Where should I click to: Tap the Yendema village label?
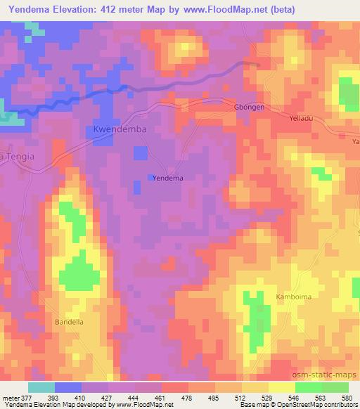(x=168, y=178)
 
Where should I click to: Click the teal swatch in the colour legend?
(x=42, y=387)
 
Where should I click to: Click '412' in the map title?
(x=114, y=10)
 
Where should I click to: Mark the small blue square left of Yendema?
(x=150, y=177)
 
